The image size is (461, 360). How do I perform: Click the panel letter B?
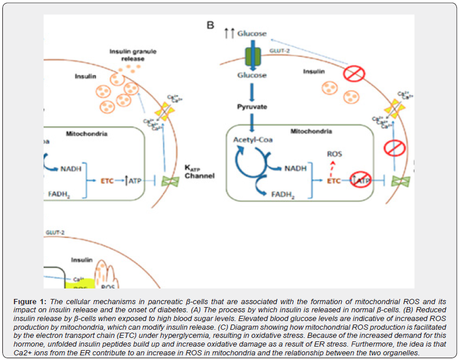210,25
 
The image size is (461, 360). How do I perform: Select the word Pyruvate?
252,107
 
